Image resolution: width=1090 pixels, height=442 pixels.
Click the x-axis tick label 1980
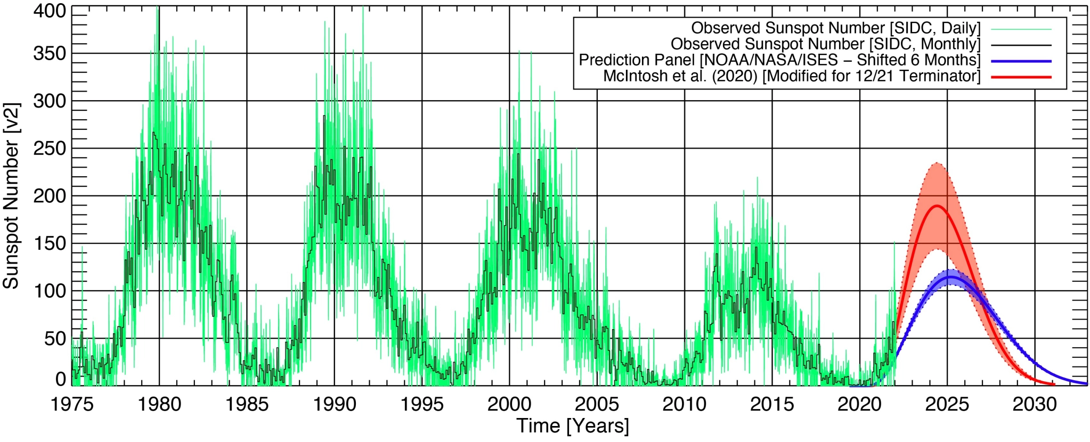pyautogui.click(x=159, y=405)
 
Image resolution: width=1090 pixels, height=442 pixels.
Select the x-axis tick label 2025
pyautogui.click(x=947, y=405)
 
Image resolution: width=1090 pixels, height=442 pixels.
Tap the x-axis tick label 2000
pyautogui.click(x=509, y=405)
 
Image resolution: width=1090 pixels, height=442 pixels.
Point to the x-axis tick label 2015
pyautogui.click(x=772, y=405)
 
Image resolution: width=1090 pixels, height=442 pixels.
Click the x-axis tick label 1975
pyautogui.click(x=72, y=405)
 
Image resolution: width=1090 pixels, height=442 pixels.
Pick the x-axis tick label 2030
pyautogui.click(x=1034, y=405)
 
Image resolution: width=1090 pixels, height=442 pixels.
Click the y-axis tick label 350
pyautogui.click(x=50, y=54)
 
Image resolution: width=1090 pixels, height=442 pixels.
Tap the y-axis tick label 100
pyautogui.click(x=50, y=291)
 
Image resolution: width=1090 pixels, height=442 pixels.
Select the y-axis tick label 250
pyautogui.click(x=50, y=149)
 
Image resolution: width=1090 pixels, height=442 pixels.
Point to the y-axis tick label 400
pyautogui.click(x=50, y=11)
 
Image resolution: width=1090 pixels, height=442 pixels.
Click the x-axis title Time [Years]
pyautogui.click(x=573, y=427)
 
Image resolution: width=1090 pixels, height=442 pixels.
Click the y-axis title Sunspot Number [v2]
pyautogui.click(x=12, y=196)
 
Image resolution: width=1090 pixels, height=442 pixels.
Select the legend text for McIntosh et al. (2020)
pyautogui.click(x=791, y=76)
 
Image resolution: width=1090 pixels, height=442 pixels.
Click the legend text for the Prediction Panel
pyautogui.click(x=779, y=60)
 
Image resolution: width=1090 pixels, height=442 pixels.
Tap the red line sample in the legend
pyautogui.click(x=1021, y=77)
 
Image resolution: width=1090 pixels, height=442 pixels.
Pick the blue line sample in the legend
pyautogui.click(x=1021, y=61)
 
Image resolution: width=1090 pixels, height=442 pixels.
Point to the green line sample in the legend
pyautogui.click(x=1021, y=29)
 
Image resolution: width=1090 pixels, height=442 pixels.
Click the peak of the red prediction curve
pyautogui.click(x=937, y=206)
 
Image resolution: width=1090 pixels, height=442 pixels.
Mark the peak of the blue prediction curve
pyautogui.click(x=950, y=277)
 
